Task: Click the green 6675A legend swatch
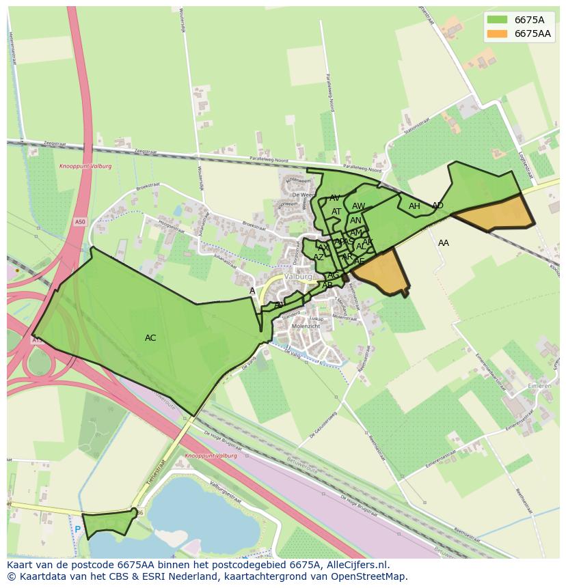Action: pos(497,20)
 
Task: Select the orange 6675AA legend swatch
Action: pos(497,33)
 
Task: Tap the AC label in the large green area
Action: pos(150,338)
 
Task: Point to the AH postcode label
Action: pos(414,206)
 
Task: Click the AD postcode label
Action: pos(437,206)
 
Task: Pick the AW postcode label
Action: pos(358,206)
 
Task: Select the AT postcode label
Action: pos(336,212)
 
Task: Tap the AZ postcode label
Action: pos(319,257)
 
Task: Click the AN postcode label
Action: pos(355,221)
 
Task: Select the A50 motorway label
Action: pos(81,222)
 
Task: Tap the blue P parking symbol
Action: pos(77,529)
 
